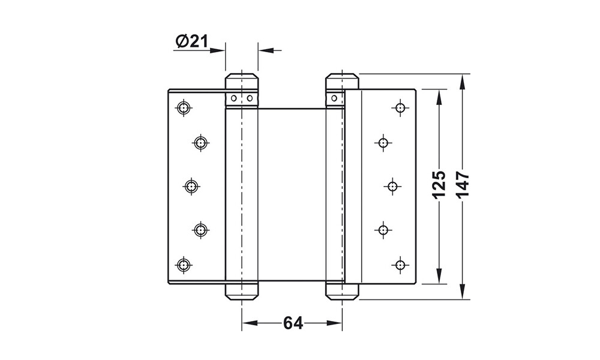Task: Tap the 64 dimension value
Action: (x=292, y=323)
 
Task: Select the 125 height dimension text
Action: (x=439, y=185)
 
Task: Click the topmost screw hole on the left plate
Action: (x=183, y=107)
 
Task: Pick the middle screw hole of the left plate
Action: (x=191, y=187)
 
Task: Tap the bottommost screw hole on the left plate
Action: (x=183, y=265)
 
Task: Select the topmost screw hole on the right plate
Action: (x=400, y=107)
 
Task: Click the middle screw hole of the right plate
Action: (x=392, y=187)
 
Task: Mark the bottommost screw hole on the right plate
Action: (x=400, y=265)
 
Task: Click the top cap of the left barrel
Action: (x=241, y=80)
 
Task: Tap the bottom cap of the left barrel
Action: (x=241, y=292)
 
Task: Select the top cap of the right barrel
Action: (x=342, y=80)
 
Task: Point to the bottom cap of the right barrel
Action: (x=342, y=292)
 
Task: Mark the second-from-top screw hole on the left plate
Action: (x=200, y=142)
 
